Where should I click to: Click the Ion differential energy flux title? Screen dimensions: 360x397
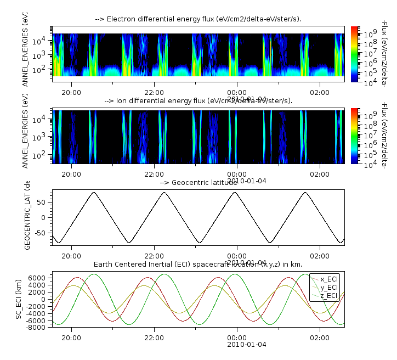pos(198,101)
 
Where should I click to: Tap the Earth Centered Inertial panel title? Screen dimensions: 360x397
pos(198,265)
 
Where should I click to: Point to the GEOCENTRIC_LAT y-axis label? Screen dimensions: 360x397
pos(28,217)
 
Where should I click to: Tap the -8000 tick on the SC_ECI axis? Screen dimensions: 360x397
pos(38,328)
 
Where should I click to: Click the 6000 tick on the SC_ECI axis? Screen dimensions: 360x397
pos(40,278)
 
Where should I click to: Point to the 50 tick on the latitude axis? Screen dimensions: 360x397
pos(45,203)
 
